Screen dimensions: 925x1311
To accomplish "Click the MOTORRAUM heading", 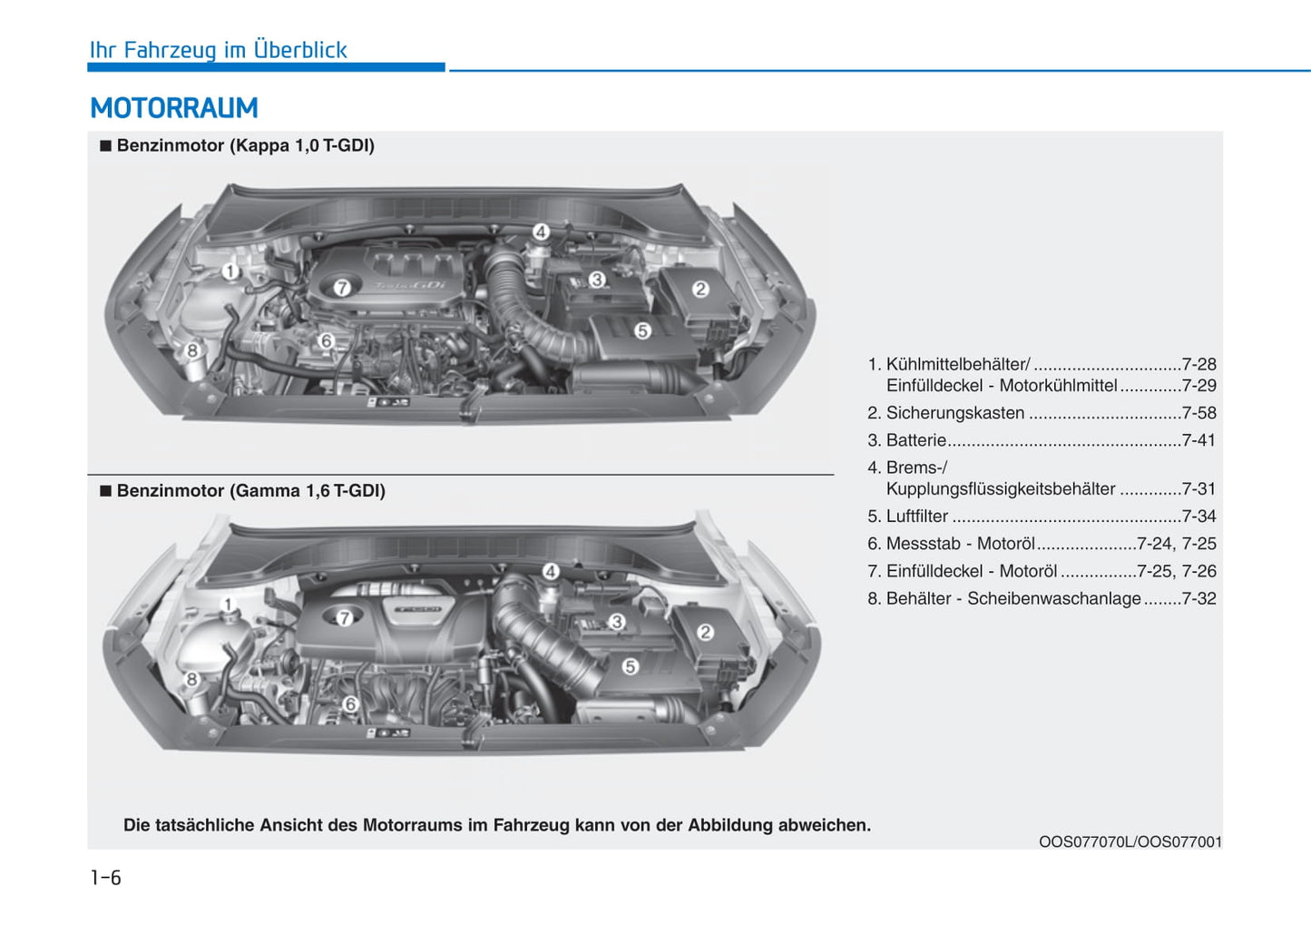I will pyautogui.click(x=174, y=108).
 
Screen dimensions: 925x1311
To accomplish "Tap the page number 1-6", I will pyautogui.click(x=105, y=878).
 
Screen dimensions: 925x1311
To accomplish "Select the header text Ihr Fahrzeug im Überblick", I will pyautogui.click(x=218, y=50).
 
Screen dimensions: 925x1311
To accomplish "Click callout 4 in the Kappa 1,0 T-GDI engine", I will pyautogui.click(x=541, y=231).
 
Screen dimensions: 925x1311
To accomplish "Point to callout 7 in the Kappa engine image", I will pyautogui.click(x=342, y=288).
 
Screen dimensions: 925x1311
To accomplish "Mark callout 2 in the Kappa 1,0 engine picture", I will pyautogui.click(x=700, y=289).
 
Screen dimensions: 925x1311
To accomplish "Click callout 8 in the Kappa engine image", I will pyautogui.click(x=192, y=350).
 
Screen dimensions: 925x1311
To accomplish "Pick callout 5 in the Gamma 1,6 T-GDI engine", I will pyautogui.click(x=631, y=666).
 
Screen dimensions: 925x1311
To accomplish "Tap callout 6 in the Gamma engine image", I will pyautogui.click(x=350, y=704).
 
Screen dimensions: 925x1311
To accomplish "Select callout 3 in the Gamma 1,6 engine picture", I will pyautogui.click(x=617, y=622).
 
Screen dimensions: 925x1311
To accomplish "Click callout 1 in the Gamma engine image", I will pyautogui.click(x=229, y=605).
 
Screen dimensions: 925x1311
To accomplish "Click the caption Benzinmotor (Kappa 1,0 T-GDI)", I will pyautogui.click(x=245, y=145).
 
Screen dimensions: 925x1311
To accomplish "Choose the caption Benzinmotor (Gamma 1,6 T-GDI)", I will pyautogui.click(x=250, y=491).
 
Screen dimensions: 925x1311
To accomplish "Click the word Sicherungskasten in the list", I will pyautogui.click(x=955, y=413).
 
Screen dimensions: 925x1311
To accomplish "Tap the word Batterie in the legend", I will pyautogui.click(x=915, y=440).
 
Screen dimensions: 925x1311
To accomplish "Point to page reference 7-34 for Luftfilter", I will pyautogui.click(x=1198, y=517).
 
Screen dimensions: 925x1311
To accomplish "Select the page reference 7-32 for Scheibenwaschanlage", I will pyautogui.click(x=1198, y=599).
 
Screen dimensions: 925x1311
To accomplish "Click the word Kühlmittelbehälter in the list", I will pyautogui.click(x=957, y=364).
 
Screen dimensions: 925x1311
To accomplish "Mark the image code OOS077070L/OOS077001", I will pyautogui.click(x=1130, y=841).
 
